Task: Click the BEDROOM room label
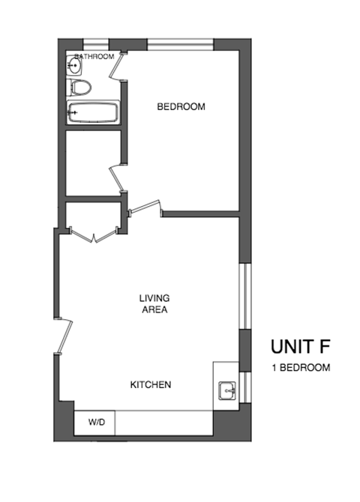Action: pyautogui.click(x=181, y=106)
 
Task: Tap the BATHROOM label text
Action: pyautogui.click(x=95, y=56)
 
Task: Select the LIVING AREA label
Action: pyautogui.click(x=153, y=303)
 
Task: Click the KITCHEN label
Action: pyautogui.click(x=151, y=385)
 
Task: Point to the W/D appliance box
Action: pyautogui.click(x=97, y=423)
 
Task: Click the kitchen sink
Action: pyautogui.click(x=228, y=390)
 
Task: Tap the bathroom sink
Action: pyautogui.click(x=73, y=67)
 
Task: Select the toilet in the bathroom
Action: pyautogui.click(x=79, y=87)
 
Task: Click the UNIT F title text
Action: pyautogui.click(x=300, y=347)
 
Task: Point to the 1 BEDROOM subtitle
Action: pyautogui.click(x=300, y=367)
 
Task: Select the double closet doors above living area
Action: pyautogui.click(x=93, y=235)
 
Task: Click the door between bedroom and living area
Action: pyautogui.click(x=145, y=208)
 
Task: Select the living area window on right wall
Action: pyautogui.click(x=243, y=295)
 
